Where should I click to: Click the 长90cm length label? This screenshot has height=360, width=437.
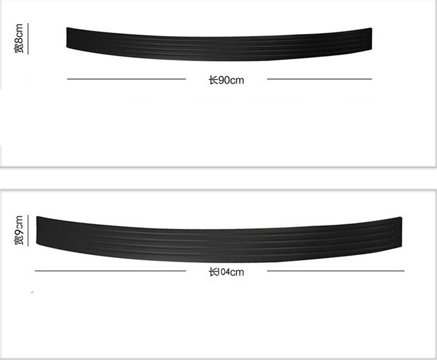coord(226,80)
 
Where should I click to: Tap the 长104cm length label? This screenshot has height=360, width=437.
coord(226,272)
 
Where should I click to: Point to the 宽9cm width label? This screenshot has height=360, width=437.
coord(18,230)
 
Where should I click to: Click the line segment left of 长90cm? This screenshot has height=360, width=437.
coord(126,79)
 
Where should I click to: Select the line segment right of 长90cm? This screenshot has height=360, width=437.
coord(319,79)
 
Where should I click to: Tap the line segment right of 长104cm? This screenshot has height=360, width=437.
coord(336,271)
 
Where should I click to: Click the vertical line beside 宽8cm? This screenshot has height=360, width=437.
coord(28,38)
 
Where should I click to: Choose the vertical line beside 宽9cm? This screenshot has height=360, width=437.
coord(28,230)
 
